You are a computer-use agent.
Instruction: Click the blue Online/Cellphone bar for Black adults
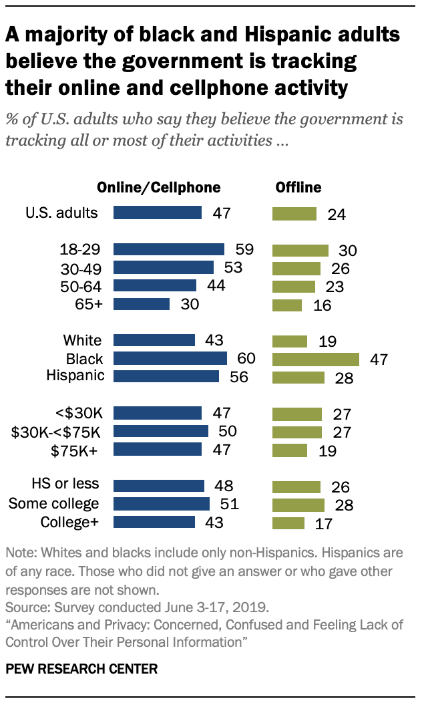(170, 359)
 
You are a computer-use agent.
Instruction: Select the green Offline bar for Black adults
(316, 359)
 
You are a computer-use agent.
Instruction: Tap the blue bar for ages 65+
(142, 304)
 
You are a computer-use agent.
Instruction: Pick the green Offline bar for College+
(288, 523)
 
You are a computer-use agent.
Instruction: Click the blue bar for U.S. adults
(158, 213)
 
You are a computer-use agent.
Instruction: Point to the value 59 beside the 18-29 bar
(244, 250)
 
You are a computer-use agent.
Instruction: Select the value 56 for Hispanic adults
(238, 377)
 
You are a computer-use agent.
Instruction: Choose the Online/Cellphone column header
(159, 187)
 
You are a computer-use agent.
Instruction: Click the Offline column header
(298, 187)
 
